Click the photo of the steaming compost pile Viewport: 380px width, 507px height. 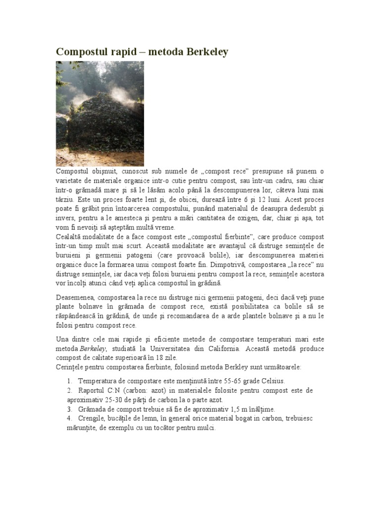click(x=100, y=113)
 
